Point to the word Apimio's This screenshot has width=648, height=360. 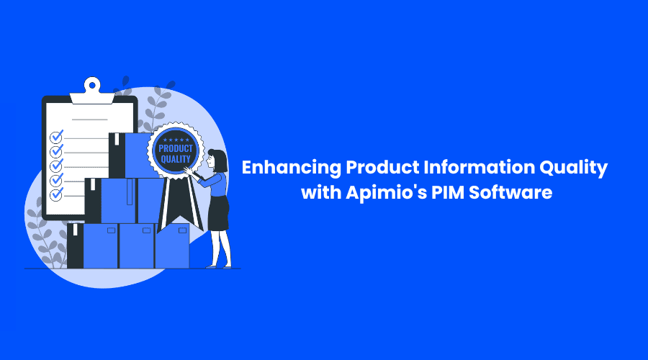(x=387, y=193)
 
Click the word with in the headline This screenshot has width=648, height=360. (x=321, y=193)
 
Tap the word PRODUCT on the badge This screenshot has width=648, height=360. (x=176, y=148)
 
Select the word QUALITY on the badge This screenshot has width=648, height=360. (x=176, y=159)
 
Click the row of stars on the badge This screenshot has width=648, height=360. (x=176, y=140)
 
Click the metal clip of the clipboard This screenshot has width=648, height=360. (x=92, y=91)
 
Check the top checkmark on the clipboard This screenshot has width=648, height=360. (x=57, y=136)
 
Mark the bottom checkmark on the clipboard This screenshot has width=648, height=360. (x=57, y=194)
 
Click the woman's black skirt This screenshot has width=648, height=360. (x=219, y=213)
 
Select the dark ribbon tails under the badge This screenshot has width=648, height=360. (x=180, y=203)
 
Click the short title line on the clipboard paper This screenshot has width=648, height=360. (x=90, y=120)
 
